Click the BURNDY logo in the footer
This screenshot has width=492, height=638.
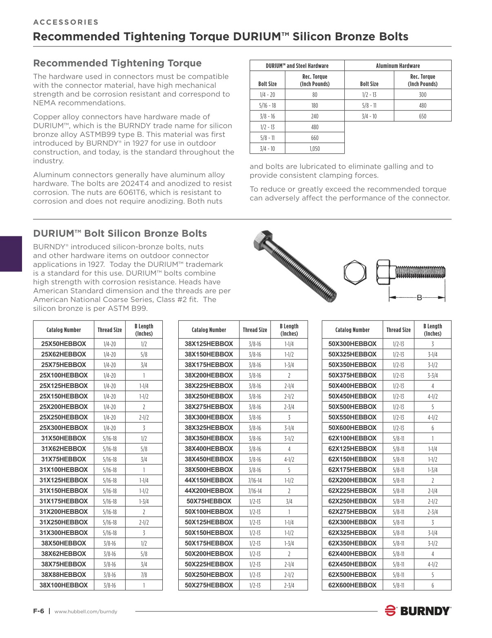418,611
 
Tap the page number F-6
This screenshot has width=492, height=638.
38,611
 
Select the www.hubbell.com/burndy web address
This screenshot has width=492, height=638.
86,611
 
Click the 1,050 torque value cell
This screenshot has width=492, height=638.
315,149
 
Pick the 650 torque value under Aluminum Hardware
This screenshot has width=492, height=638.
422,116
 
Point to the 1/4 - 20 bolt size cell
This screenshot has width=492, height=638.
267,95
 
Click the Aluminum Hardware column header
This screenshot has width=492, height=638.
397,66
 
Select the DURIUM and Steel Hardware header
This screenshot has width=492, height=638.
297,66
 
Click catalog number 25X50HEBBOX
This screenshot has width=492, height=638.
64,344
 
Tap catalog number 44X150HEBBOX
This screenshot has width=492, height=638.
208,480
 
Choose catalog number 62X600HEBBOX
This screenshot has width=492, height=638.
352,585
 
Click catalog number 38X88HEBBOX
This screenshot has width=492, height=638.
64,574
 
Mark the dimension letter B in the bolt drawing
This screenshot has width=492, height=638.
419,297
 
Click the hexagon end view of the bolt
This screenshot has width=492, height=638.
355,272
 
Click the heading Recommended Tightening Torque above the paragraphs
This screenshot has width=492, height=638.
117,63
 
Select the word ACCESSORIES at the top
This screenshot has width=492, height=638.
66,22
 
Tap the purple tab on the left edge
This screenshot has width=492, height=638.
11,253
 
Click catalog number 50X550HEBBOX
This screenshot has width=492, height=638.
352,417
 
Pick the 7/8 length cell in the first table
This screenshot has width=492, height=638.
144,574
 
